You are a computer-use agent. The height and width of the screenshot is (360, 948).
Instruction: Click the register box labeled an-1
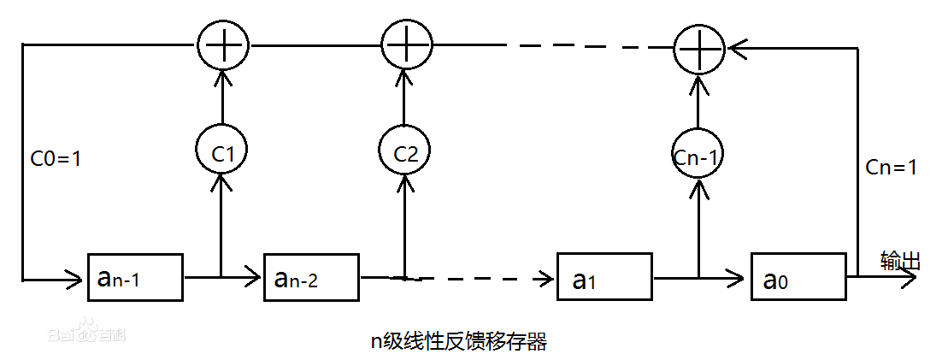136,276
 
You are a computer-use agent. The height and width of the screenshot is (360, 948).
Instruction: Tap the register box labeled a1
604,276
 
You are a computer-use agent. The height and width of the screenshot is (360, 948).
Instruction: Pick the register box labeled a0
798,276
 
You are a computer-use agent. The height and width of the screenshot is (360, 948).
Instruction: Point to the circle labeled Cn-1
698,155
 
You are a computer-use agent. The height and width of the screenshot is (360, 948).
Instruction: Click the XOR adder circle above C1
222,42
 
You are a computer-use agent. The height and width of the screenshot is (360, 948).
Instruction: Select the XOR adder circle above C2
405,42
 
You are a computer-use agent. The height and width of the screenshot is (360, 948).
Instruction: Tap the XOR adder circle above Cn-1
699,49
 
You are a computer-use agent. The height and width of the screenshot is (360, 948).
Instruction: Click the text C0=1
55,158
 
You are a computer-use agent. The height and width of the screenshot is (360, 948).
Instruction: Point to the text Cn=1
891,168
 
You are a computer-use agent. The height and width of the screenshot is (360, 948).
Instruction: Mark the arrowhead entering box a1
547,277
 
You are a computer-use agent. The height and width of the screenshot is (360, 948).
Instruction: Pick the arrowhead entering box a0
739,277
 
